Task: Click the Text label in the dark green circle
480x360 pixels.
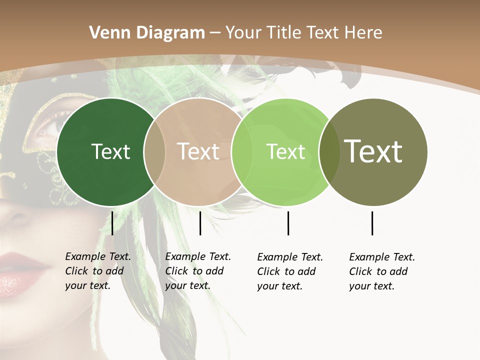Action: [x=111, y=151]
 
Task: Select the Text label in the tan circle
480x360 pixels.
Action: [x=198, y=151]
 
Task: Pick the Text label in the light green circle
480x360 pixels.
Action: [x=286, y=151]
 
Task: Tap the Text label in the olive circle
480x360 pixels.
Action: [x=373, y=151]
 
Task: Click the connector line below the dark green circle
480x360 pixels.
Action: [x=112, y=223]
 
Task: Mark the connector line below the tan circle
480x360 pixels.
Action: [x=200, y=223]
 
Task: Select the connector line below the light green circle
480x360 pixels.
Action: [x=288, y=223]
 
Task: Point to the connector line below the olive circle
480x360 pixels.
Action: [x=372, y=223]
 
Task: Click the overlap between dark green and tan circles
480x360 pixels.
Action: [x=154, y=151]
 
